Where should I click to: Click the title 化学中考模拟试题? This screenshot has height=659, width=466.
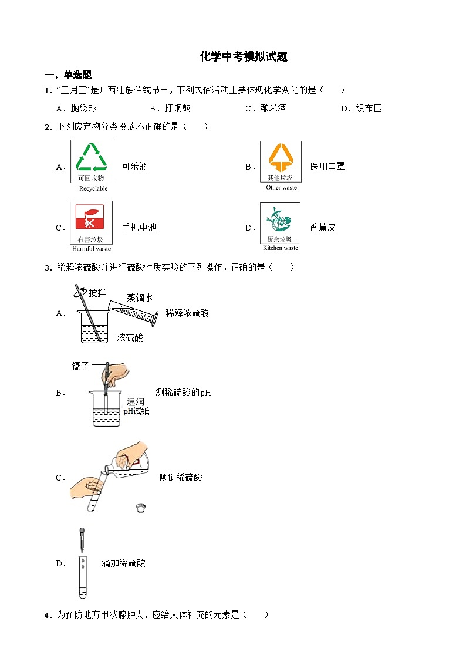[244, 57]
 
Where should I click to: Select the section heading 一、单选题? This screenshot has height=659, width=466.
[69, 75]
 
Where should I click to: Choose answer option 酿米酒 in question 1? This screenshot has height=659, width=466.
[273, 109]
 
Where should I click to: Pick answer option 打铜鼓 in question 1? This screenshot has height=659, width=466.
[177, 109]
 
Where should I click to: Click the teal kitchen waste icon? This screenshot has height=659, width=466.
[280, 219]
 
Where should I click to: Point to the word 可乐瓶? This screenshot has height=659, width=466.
[134, 167]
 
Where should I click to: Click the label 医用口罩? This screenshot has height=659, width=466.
[327, 167]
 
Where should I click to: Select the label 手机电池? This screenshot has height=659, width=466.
[139, 228]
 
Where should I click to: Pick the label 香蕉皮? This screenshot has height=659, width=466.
[322, 228]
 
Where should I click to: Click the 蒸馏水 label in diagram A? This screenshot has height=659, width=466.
[140, 298]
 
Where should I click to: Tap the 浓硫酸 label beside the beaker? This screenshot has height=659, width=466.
[130, 338]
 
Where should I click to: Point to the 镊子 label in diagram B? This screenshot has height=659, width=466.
[80, 366]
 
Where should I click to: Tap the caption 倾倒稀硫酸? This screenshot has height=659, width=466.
[181, 478]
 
